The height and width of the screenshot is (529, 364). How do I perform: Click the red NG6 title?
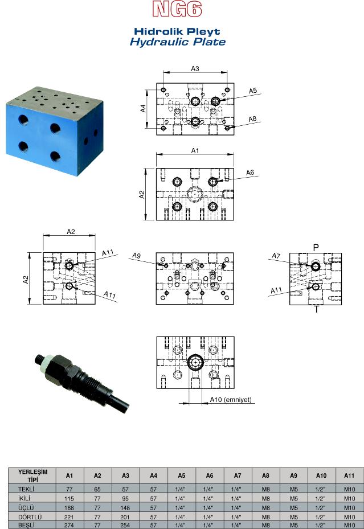pyautogui.click(x=177, y=9)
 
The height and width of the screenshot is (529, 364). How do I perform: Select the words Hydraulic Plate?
pyautogui.click(x=178, y=42)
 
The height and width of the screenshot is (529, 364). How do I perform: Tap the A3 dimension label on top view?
pyautogui.click(x=195, y=68)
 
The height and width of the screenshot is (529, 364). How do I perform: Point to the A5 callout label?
pyautogui.click(x=253, y=91)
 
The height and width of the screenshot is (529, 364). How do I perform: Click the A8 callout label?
pyautogui.click(x=253, y=119)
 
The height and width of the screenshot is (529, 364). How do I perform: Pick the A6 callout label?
pyautogui.click(x=250, y=173)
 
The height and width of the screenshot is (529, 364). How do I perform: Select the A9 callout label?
pyautogui.click(x=136, y=256)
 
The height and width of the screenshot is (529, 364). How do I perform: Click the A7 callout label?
pyautogui.click(x=276, y=256)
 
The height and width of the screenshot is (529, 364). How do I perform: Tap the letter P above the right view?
pyautogui.click(x=316, y=248)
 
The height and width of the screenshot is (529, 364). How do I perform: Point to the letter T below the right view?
pyautogui.click(x=316, y=309)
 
